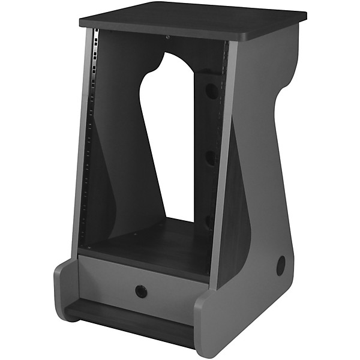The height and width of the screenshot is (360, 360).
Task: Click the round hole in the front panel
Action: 141,292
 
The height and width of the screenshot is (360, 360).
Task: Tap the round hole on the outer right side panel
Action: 281,265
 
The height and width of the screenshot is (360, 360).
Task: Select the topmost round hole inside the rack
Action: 211,91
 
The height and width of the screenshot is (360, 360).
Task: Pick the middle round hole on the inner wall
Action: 211,158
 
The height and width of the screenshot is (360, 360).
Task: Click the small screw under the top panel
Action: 167,37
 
